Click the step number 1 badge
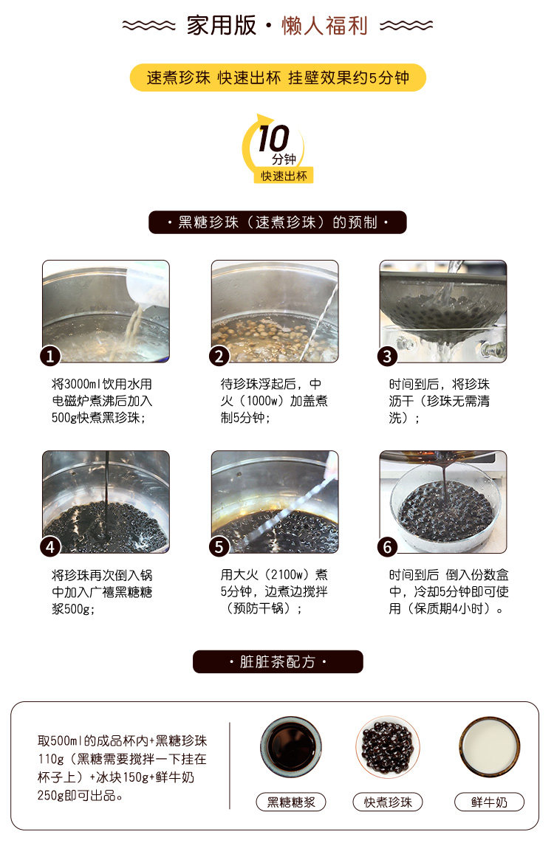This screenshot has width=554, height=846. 49,357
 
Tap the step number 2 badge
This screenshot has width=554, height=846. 219,357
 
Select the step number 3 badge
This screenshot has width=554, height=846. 387,357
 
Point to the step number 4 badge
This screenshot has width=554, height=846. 49,547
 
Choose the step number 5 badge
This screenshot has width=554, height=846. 219,547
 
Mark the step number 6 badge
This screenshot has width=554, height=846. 387,547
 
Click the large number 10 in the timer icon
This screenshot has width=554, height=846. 273,139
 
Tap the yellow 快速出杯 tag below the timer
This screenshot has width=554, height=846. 284,176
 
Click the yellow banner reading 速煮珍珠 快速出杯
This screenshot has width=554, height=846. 278,78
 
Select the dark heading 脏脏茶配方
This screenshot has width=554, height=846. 278,661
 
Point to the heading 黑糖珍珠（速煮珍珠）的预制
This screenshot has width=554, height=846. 278,222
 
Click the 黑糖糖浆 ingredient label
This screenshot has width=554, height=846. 290,802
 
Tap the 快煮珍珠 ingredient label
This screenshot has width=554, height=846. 388,802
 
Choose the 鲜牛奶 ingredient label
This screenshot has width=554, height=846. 489,802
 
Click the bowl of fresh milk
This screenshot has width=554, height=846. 489,747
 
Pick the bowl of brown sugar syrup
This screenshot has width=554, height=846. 290,747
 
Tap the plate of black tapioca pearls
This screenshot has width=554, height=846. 388,747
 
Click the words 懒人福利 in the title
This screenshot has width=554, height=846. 324,27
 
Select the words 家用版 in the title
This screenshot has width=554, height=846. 221,27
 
